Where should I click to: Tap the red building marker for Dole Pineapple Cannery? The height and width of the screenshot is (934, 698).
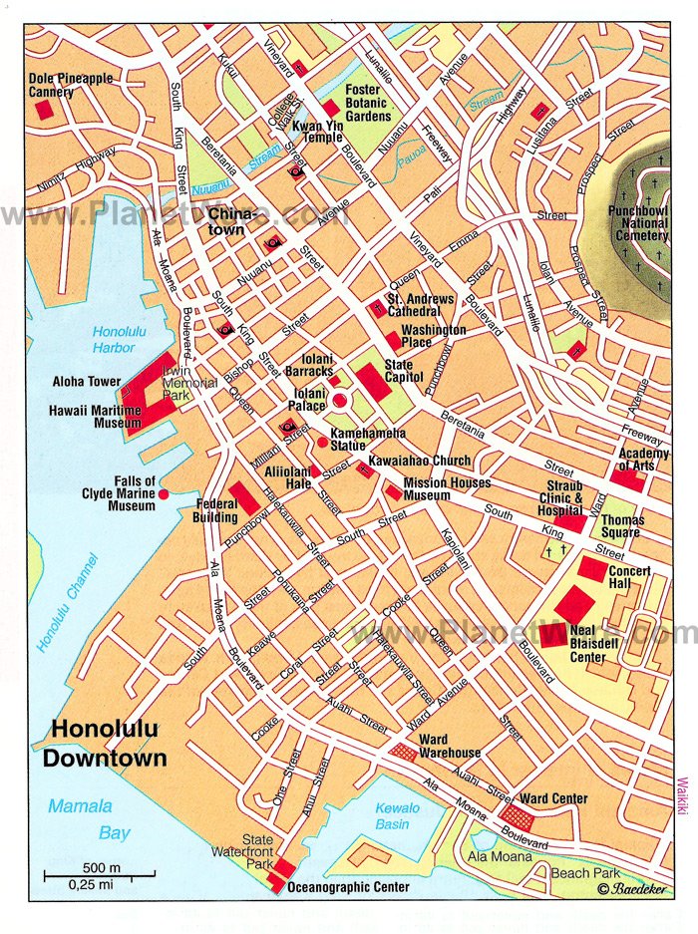44,110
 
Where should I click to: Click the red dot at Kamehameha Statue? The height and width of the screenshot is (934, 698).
322,442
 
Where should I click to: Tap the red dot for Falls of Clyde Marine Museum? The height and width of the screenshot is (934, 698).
164,493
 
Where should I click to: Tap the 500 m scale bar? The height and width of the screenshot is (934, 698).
99,874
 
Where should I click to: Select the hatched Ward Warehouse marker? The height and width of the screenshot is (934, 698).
403,753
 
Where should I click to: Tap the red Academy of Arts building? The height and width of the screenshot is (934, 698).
628,478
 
